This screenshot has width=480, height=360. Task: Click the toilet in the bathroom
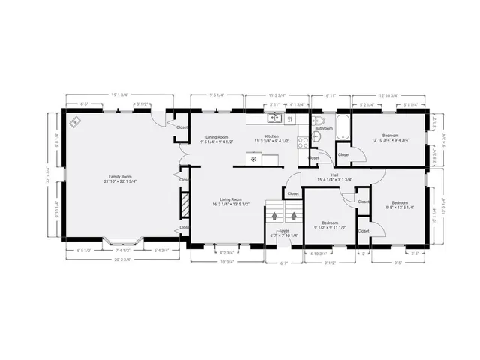pos(319,120)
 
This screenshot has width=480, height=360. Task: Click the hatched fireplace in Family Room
pos(183,203)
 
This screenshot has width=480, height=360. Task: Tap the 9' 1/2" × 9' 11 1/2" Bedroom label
pos(331,225)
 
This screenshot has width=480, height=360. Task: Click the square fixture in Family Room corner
pos(75,122)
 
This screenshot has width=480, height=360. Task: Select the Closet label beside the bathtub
pos(343,154)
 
